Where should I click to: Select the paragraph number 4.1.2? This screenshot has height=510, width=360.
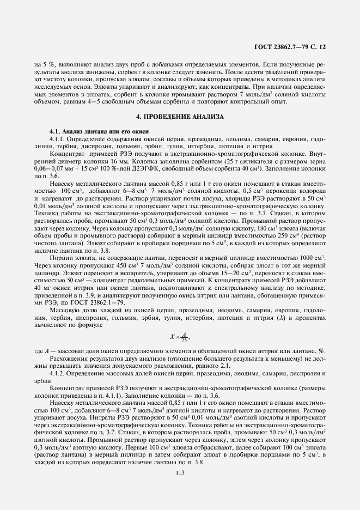pyautogui.click(x=59, y=373)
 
